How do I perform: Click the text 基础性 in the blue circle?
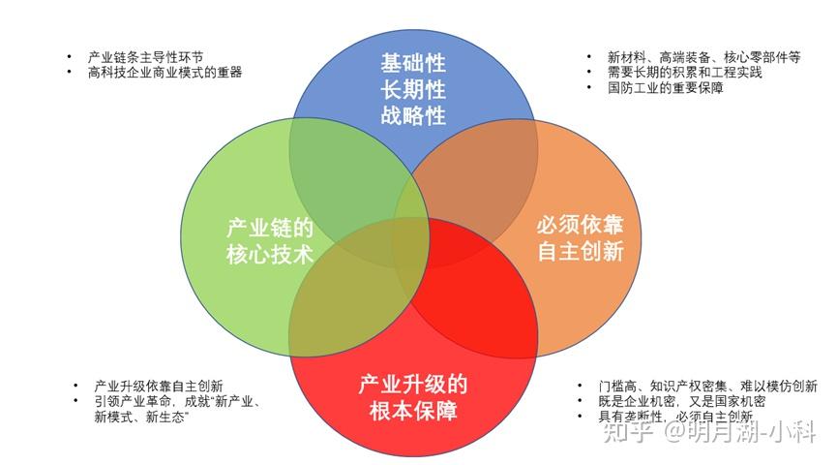(413, 64)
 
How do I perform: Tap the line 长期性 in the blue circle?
(413, 90)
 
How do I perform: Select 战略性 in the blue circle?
(413, 116)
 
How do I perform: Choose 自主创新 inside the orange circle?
(580, 253)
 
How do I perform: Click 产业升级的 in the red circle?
(413, 384)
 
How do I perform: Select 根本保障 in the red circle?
(413, 411)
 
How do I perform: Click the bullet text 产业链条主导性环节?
(145, 56)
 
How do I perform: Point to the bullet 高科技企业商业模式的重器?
(164, 72)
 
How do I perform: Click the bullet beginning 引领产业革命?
(180, 401)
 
